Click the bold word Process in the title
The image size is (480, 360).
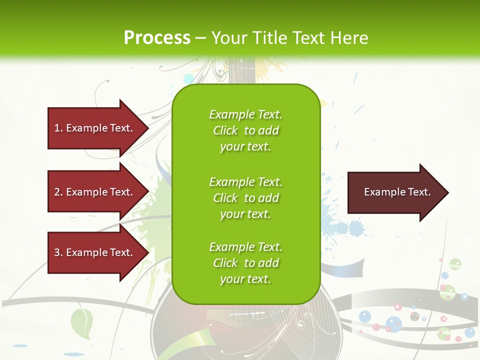[157, 38]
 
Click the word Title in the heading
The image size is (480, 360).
[270, 38]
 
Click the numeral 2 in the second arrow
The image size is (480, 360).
[57, 192]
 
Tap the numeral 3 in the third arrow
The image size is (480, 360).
[57, 252]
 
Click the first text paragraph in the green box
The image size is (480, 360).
[245, 130]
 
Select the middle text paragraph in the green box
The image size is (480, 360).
[245, 198]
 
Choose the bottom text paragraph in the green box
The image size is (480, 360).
[245, 263]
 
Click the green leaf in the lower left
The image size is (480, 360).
[82, 322]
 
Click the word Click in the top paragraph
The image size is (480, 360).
[225, 130]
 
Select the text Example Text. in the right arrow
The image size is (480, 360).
[397, 192]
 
